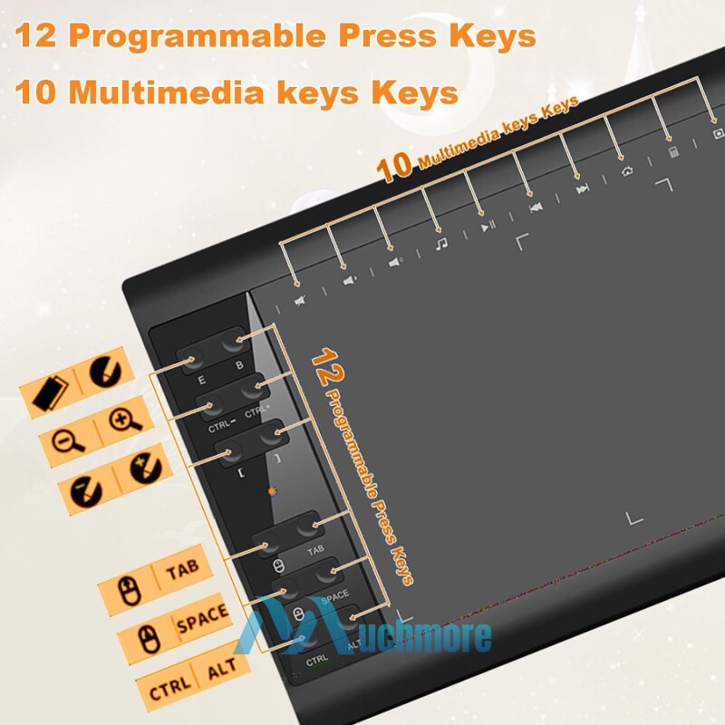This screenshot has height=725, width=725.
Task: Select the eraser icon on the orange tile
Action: coord(51,392)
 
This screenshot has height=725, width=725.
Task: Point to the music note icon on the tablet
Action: coord(441,243)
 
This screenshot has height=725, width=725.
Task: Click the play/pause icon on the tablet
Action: coord(488,226)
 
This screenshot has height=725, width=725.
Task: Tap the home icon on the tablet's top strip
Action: coord(627,171)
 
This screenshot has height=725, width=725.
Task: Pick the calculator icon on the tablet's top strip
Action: coord(673,152)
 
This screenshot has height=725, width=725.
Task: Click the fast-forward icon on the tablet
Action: coord(582,188)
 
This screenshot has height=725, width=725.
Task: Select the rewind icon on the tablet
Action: coord(536,208)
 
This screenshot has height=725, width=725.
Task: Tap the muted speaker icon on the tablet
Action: coord(301,301)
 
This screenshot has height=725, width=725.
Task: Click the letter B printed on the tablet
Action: coord(239,365)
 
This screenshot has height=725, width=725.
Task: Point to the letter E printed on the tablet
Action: coord(201,380)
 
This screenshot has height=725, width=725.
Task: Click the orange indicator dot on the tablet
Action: coord(273,491)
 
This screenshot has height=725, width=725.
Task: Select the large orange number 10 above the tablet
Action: coord(394,167)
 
